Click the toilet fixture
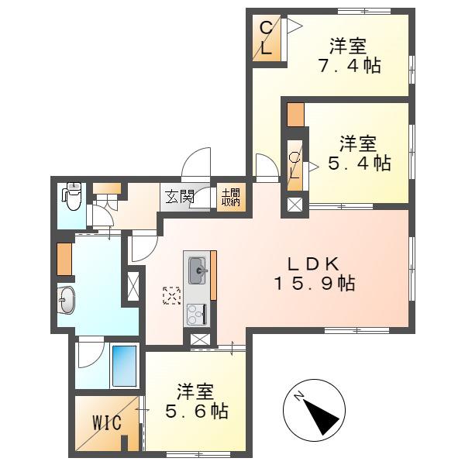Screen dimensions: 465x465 tap(72, 196)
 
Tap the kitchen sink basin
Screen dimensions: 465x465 tap(198, 270)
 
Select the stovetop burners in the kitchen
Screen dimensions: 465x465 tap(197, 314)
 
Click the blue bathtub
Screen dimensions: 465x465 tap(125, 366)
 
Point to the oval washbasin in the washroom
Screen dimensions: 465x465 tap(67, 299)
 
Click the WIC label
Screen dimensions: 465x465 tap(107, 422)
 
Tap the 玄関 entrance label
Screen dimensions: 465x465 tap(180, 196)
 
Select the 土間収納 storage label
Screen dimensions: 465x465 tap(231, 197)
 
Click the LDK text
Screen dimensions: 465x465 tap(314, 263)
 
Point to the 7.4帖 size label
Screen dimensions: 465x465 tap(350, 66)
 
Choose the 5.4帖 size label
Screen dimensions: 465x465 tap(360, 163)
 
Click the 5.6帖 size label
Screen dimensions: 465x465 tap(197, 411)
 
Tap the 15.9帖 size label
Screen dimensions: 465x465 tap(314, 284)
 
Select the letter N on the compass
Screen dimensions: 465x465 tap(299, 396)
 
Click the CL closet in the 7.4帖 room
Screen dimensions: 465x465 tap(267, 39)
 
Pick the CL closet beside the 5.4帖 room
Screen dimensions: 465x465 tap(294, 166)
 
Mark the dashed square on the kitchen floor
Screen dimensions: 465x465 tap(172, 296)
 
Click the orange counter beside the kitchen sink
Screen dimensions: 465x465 tap(213, 275)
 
